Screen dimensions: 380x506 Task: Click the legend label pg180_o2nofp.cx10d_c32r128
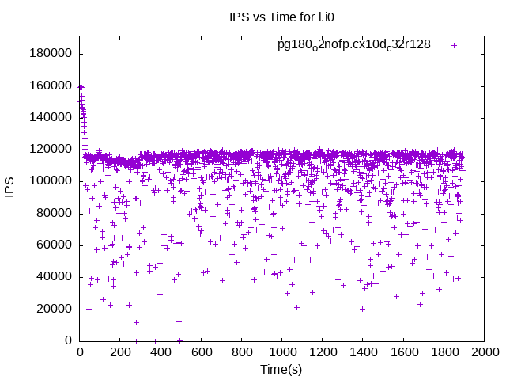pos(353,44)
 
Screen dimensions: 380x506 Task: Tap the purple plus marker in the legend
pos(454,45)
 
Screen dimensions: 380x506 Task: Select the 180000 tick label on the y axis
pos(51,53)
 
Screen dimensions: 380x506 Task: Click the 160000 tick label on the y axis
pos(51,85)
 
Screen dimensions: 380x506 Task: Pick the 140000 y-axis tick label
pos(51,117)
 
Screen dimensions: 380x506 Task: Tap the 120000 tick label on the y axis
pos(51,149)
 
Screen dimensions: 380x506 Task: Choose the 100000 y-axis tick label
pos(51,181)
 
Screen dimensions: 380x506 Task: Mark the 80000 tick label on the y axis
pos(55,213)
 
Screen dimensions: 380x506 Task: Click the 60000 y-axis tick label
pos(55,245)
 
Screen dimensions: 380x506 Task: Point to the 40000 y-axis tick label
pos(55,277)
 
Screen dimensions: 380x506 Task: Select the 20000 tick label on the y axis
pos(55,309)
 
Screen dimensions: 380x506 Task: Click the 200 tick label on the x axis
pos(120,352)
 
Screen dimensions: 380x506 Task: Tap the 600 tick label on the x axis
pos(201,352)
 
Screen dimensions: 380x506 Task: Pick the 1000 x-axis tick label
pos(281,352)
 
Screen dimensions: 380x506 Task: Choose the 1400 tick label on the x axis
pos(363,352)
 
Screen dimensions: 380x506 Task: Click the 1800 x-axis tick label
pos(444,352)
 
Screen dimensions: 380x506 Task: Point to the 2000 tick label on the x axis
pos(484,352)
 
